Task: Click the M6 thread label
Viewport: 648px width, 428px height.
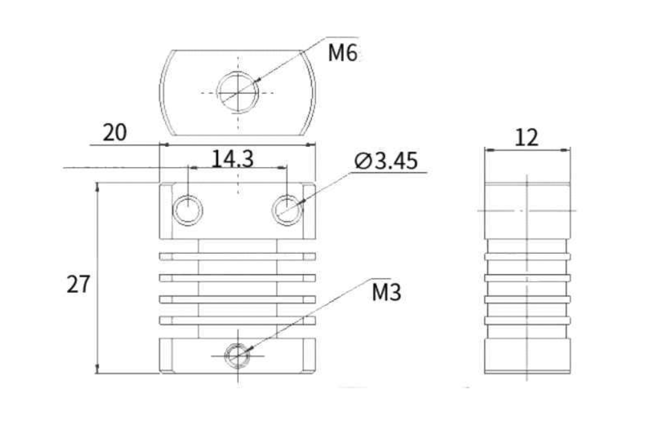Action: pyautogui.click(x=343, y=52)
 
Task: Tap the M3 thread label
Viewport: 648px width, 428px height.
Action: pyautogui.click(x=386, y=292)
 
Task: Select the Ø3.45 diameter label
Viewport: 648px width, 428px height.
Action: pyautogui.click(x=386, y=160)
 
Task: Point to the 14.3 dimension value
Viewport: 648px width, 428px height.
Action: pyautogui.click(x=232, y=159)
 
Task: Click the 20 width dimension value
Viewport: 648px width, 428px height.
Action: pyautogui.click(x=115, y=132)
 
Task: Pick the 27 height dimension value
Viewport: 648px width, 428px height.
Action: pyautogui.click(x=78, y=284)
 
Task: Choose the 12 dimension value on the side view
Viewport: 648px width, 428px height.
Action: pyautogui.click(x=527, y=138)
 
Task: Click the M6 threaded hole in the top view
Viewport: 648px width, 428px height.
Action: pyautogui.click(x=238, y=92)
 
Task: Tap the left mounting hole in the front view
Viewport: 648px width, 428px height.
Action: pyautogui.click(x=188, y=210)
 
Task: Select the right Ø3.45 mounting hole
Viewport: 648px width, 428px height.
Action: pyautogui.click(x=288, y=210)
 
